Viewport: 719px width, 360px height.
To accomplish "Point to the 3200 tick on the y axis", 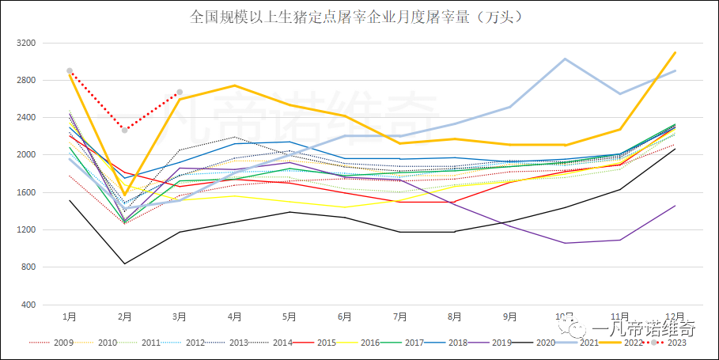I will coord(26,43).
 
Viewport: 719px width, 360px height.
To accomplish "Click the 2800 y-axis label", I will coord(26,80).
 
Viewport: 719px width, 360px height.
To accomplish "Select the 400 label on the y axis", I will coord(28,305).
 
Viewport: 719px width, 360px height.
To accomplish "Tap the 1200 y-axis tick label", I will coord(26,230).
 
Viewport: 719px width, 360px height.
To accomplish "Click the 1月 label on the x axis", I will coord(70,316).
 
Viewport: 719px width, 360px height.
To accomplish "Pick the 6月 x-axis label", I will coord(344,316).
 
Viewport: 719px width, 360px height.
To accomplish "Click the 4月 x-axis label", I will coord(234,316).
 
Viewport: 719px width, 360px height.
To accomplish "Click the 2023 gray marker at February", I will coord(124,130).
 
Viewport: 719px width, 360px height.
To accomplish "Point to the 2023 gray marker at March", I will coord(180,93).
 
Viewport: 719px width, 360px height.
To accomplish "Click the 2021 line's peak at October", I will coord(564,59).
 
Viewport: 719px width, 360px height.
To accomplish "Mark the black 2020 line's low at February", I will coord(124,263).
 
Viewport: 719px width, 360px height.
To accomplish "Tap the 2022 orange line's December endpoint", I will coord(675,52).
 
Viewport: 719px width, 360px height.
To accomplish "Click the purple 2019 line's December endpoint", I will coord(675,206).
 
